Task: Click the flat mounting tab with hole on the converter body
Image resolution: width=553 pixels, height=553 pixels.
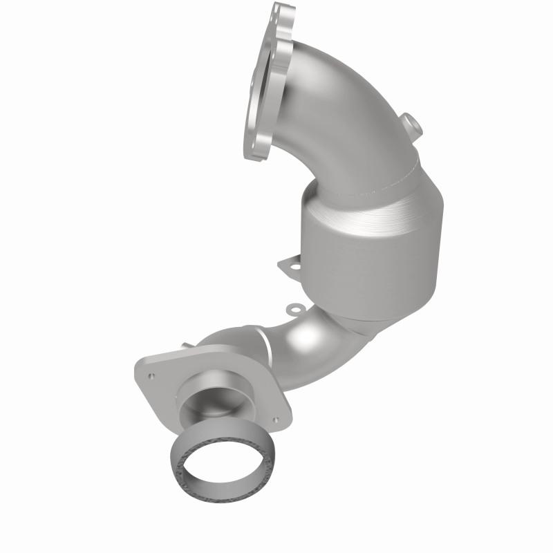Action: click(290, 265)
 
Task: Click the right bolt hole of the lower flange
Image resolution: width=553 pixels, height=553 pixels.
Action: click(276, 418)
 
